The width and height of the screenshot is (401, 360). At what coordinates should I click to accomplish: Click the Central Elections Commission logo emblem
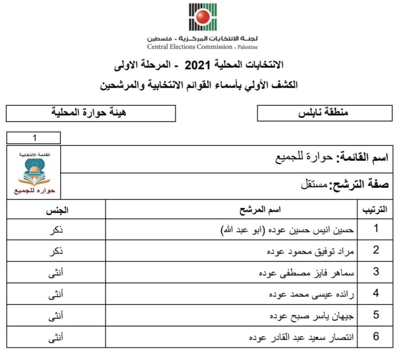point(203,17)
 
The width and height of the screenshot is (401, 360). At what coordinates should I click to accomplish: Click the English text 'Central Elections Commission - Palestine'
point(203,47)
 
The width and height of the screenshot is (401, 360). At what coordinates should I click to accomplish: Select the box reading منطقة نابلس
point(324,113)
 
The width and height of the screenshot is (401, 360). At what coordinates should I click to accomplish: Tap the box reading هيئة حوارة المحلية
point(90,113)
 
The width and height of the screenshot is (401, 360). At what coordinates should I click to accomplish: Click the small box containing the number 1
point(33,137)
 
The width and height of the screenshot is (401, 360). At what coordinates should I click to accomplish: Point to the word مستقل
point(314,185)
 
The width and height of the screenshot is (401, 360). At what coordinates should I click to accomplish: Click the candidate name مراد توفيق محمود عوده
point(311,251)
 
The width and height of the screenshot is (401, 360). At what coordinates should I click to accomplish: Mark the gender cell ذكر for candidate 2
point(56,251)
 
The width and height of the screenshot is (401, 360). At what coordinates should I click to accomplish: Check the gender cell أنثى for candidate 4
point(56,294)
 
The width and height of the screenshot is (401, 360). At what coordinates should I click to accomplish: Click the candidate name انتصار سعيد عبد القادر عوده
point(302,337)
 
